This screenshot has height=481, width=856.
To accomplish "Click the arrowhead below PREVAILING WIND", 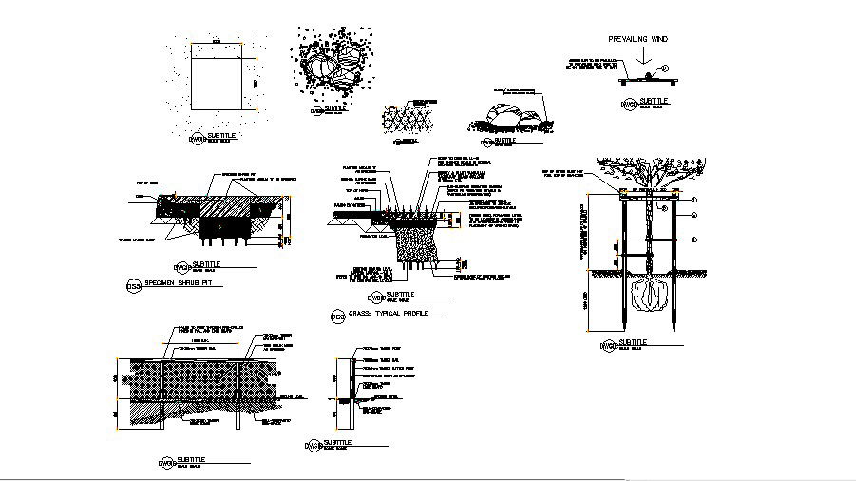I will coord(643,63).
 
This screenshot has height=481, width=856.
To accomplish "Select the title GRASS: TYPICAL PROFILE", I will coord(389,314).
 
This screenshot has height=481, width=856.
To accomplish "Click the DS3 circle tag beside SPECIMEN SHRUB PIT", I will coord(133,286).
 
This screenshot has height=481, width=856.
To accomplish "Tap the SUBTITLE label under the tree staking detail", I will coord(634,340).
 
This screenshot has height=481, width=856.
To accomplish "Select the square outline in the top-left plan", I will coord(223,77).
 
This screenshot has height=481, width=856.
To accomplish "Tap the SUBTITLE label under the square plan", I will coord(221,136).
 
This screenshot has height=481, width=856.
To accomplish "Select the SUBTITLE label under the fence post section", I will coord(337,442).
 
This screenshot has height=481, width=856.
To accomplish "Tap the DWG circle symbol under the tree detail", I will coord(607,346).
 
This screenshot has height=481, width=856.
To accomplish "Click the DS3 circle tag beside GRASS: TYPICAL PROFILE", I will coord(337,317).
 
